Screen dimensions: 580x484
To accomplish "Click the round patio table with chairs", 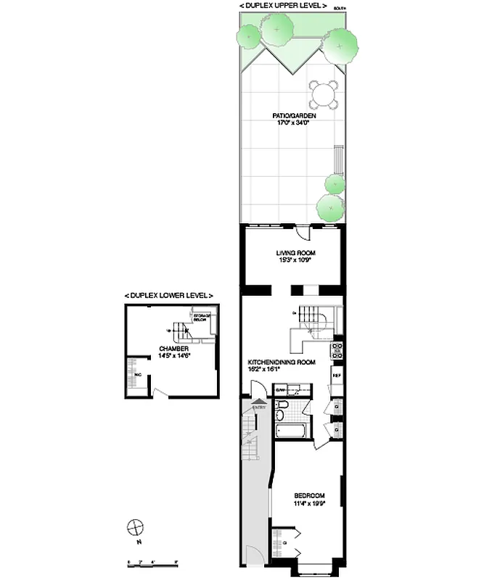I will click(x=324, y=94).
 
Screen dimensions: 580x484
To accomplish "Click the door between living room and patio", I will click(x=303, y=233).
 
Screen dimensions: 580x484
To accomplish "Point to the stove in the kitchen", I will click(x=337, y=351).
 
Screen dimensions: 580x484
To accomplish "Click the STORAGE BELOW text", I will click(x=202, y=318).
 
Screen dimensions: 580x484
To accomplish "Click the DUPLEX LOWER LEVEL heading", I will click(x=169, y=296).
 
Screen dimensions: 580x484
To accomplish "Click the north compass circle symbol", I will click(x=134, y=526).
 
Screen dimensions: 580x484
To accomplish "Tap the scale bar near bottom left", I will click(x=152, y=564).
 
